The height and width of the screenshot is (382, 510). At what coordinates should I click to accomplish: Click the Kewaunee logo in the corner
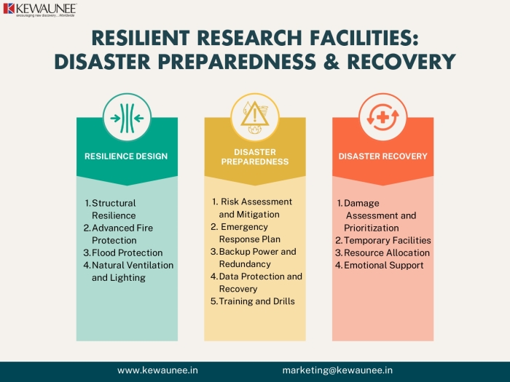click(40, 9)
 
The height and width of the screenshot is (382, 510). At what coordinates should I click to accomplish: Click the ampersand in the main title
click(331, 61)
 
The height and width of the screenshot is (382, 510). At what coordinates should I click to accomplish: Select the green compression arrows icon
click(127, 118)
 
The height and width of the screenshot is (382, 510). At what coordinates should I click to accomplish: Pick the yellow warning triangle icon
click(255, 118)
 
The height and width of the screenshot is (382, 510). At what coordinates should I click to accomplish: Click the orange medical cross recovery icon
click(382, 118)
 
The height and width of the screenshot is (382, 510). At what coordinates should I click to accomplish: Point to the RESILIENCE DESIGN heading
click(126, 156)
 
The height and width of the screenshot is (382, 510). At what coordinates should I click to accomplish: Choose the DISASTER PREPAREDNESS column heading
click(255, 157)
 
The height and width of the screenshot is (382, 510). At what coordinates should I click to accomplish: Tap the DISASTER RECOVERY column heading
click(382, 156)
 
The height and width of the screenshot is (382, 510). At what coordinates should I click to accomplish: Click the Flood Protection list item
click(123, 252)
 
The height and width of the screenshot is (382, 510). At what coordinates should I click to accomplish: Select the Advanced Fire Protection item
click(118, 234)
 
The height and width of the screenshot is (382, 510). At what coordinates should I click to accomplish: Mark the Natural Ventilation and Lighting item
click(128, 271)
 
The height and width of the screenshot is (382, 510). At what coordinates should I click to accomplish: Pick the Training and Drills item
click(253, 301)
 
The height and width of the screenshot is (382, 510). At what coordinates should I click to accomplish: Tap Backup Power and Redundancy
click(254, 258)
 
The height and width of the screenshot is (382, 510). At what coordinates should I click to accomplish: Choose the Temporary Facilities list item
click(383, 240)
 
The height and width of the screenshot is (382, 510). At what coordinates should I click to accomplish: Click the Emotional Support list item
click(380, 265)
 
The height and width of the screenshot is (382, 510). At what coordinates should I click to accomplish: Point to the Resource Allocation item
click(382, 252)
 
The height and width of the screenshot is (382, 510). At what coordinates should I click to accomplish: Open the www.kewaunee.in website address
click(157, 370)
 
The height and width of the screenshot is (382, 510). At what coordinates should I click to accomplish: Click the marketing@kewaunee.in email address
click(337, 370)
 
